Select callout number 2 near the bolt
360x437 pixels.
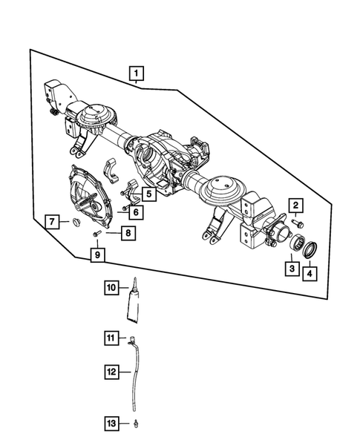(295, 206)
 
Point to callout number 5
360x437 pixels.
(149, 194)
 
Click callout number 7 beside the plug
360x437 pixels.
(52, 222)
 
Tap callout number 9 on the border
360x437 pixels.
(97, 256)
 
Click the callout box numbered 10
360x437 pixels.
(111, 287)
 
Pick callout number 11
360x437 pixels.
(111, 339)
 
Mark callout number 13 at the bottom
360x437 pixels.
(111, 424)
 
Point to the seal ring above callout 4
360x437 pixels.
(311, 248)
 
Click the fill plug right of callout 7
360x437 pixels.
(73, 222)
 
